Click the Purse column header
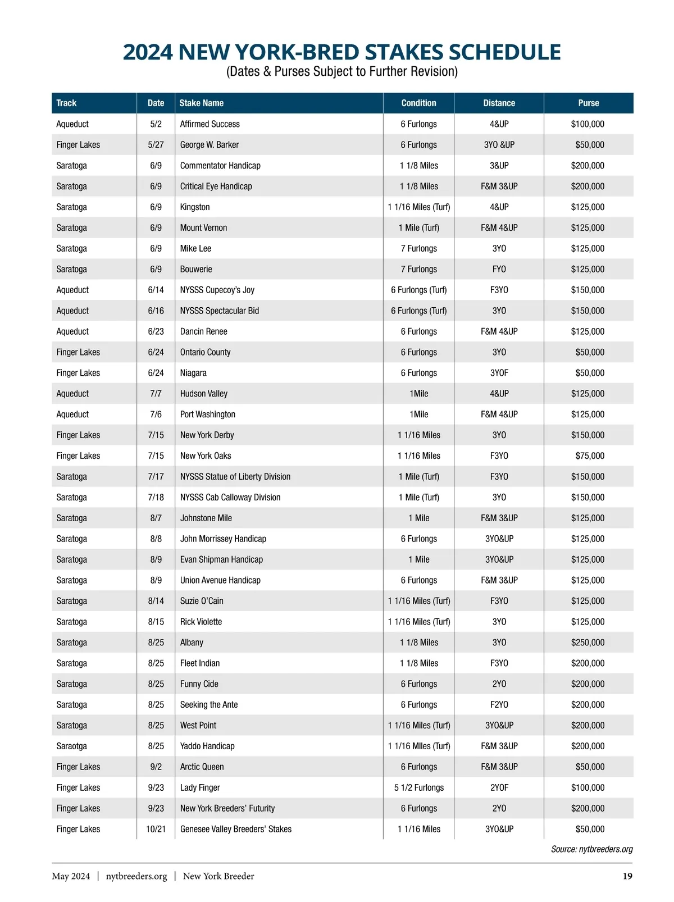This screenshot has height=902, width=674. pyautogui.click(x=588, y=103)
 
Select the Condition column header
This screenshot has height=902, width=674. pyautogui.click(x=418, y=103)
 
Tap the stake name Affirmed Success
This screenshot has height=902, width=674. pyautogui.click(x=210, y=124)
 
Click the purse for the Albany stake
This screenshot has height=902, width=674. pyautogui.click(x=588, y=643)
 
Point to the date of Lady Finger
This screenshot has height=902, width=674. pyautogui.click(x=156, y=787)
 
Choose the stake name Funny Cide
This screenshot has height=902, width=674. pyautogui.click(x=199, y=684)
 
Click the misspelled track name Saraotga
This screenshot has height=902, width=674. pyautogui.click(x=71, y=746)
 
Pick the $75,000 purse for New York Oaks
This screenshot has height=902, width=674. pyautogui.click(x=590, y=456)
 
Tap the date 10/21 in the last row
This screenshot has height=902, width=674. pyautogui.click(x=156, y=829)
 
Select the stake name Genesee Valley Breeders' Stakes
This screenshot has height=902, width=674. pyautogui.click(x=235, y=829)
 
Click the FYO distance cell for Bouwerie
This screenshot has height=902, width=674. pyautogui.click(x=499, y=270)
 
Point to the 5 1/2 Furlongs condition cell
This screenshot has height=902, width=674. pyautogui.click(x=418, y=787)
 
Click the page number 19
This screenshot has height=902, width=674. pyautogui.click(x=627, y=876)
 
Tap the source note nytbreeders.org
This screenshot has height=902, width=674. pyautogui.click(x=591, y=849)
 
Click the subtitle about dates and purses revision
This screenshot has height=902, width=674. pyautogui.click(x=341, y=72)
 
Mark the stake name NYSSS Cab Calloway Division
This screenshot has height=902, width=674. pyautogui.click(x=230, y=498)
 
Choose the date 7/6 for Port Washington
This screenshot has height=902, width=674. pyautogui.click(x=156, y=414)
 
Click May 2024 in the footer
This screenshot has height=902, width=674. pyautogui.click(x=71, y=876)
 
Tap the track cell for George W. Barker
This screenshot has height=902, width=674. pyautogui.click(x=78, y=145)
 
